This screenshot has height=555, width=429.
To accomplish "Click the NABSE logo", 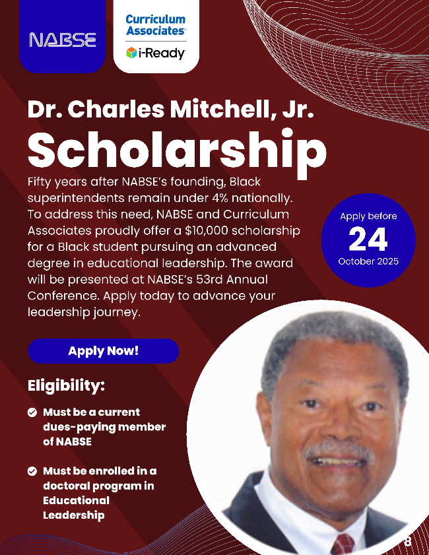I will [x=63, y=40].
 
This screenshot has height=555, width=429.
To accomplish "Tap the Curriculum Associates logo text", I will [x=156, y=25].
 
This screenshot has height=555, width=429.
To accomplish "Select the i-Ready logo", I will [x=156, y=53].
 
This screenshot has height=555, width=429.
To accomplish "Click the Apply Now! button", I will [x=103, y=351].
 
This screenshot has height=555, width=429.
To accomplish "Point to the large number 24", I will [x=368, y=240].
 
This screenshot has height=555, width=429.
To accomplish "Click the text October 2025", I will [x=368, y=261].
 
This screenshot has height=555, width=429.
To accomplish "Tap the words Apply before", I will [x=368, y=216].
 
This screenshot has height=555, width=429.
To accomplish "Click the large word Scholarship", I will [x=177, y=150].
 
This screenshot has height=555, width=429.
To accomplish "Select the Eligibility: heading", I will [x=66, y=385].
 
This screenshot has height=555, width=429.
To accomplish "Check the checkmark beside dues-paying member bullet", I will [x=32, y=412].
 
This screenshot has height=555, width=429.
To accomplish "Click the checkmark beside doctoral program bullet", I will [x=32, y=472].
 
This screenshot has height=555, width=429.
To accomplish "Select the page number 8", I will [x=407, y=542].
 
